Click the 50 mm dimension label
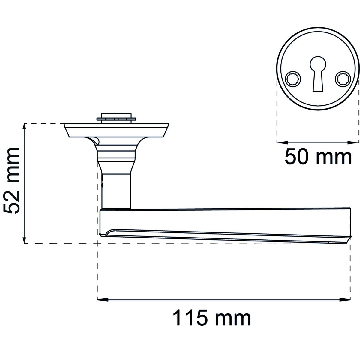[x=318, y=156]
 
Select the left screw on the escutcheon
[x=293, y=79]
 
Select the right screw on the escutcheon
[x=343, y=79]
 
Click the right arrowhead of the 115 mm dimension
[x=345, y=300]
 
